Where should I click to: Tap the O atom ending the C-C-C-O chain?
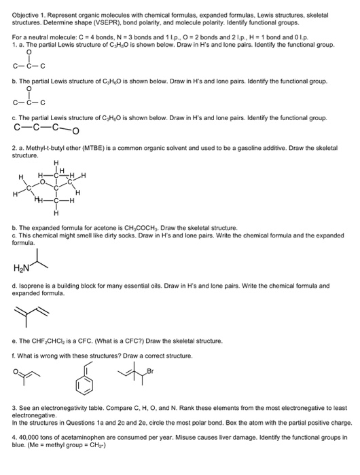(73, 133)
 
